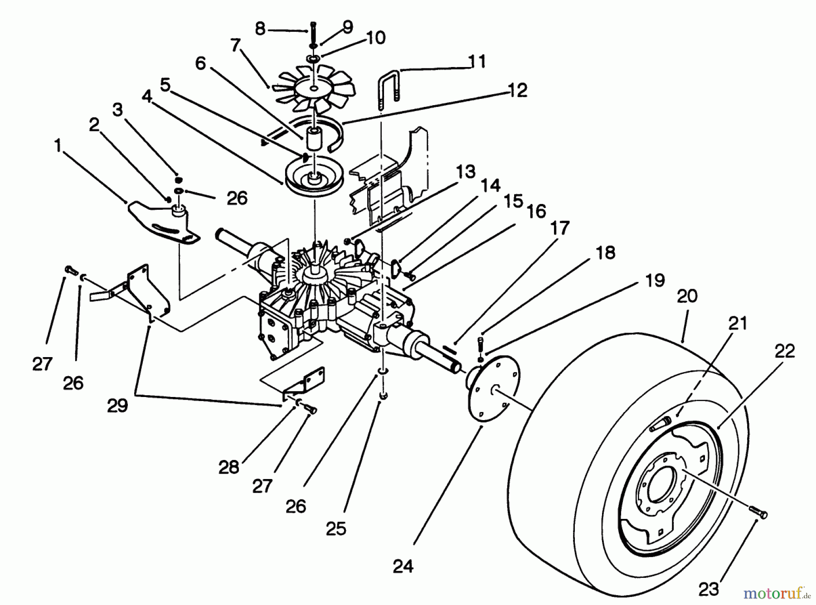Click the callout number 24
click(x=403, y=566)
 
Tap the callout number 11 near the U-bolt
click(x=476, y=61)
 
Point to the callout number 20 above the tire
click(x=687, y=296)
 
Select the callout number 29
click(x=117, y=406)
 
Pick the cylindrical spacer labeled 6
click(x=313, y=138)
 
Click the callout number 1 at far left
click(x=57, y=146)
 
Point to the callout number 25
click(x=336, y=528)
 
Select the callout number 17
click(x=560, y=228)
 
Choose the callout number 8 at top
click(x=260, y=29)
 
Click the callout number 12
click(x=518, y=90)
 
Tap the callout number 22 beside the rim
click(x=785, y=351)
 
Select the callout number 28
click(x=228, y=467)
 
